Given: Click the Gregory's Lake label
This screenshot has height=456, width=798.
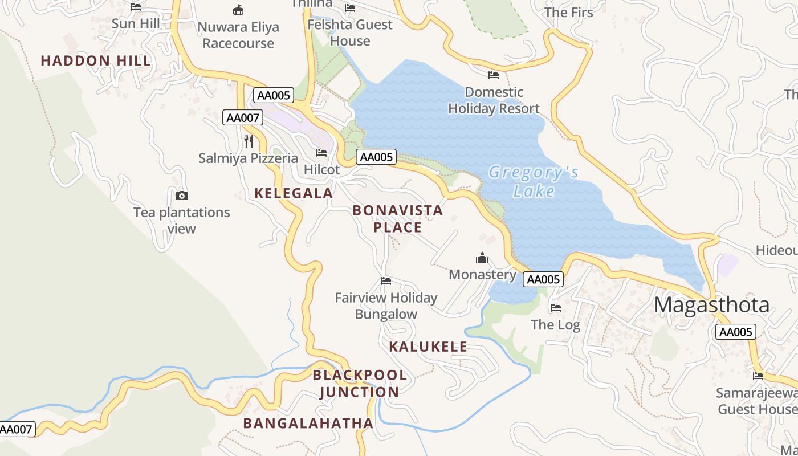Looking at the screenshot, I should click(534, 181).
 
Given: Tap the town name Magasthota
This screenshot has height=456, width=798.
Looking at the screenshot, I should click(711, 305).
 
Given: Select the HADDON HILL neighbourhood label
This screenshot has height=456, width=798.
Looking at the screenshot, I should click(96, 60).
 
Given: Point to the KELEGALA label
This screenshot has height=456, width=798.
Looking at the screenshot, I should click(294, 193).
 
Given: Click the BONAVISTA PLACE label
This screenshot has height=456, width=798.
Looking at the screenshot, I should click(397, 219).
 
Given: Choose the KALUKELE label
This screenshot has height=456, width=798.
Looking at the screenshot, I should click(428, 347).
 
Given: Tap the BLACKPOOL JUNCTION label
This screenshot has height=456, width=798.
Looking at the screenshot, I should click(360, 384).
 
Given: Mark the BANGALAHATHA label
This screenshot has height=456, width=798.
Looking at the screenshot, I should click(308, 423).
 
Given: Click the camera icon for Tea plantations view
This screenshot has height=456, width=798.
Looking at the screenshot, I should click(182, 196).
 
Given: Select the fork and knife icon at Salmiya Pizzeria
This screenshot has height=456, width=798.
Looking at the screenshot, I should click(249, 141).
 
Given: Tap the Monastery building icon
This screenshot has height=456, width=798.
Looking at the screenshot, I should click(482, 258).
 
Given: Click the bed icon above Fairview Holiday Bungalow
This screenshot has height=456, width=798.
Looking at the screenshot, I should click(386, 281).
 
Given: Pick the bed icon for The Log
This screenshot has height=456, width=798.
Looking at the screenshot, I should click(556, 308).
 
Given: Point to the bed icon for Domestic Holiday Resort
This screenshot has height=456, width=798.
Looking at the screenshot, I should click(494, 75).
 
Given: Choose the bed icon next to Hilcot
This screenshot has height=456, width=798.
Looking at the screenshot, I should click(321, 153).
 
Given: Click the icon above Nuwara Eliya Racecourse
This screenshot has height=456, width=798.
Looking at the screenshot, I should click(238, 10).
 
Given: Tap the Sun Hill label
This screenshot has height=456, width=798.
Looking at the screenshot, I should click(136, 24).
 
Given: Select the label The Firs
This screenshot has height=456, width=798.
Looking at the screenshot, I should click(568, 13).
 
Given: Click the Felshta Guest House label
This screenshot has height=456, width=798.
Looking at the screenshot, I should click(350, 33).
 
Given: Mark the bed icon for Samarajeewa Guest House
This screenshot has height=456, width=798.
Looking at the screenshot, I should click(758, 376).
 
